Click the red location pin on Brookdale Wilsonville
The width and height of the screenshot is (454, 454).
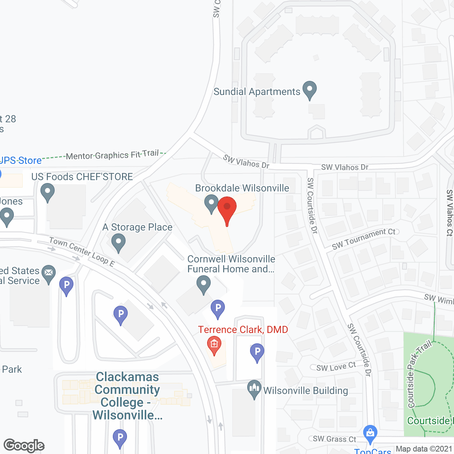227,209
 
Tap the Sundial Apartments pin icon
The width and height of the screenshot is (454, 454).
309,89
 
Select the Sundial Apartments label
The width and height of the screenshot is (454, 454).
257,92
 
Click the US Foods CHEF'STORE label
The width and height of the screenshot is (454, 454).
82,177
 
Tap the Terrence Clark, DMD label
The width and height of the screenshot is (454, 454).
243,330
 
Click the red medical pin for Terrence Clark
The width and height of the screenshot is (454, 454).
214,345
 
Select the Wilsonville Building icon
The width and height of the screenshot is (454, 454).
254,389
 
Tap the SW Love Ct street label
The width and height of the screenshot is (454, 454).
336,367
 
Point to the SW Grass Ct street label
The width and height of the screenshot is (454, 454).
334,439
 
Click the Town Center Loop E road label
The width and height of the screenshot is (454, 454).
82,251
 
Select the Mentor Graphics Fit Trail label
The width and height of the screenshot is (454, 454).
112,155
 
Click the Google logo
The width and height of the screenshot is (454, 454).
24,445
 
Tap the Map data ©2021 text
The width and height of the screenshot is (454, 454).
424,449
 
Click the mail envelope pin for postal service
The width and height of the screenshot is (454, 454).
49,273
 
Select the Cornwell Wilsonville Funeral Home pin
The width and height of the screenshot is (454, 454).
204,284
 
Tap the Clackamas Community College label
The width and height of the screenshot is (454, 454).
127,396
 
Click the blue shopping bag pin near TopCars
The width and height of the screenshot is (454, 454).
370,433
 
